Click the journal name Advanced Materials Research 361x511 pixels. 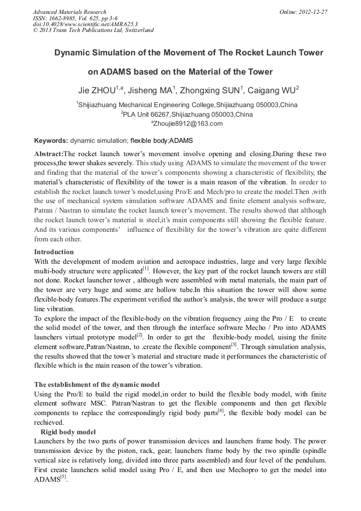69,12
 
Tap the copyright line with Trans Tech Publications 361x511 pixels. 93,30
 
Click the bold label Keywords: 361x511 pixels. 51,141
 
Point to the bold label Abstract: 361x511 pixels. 48,153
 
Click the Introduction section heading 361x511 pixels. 54,252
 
